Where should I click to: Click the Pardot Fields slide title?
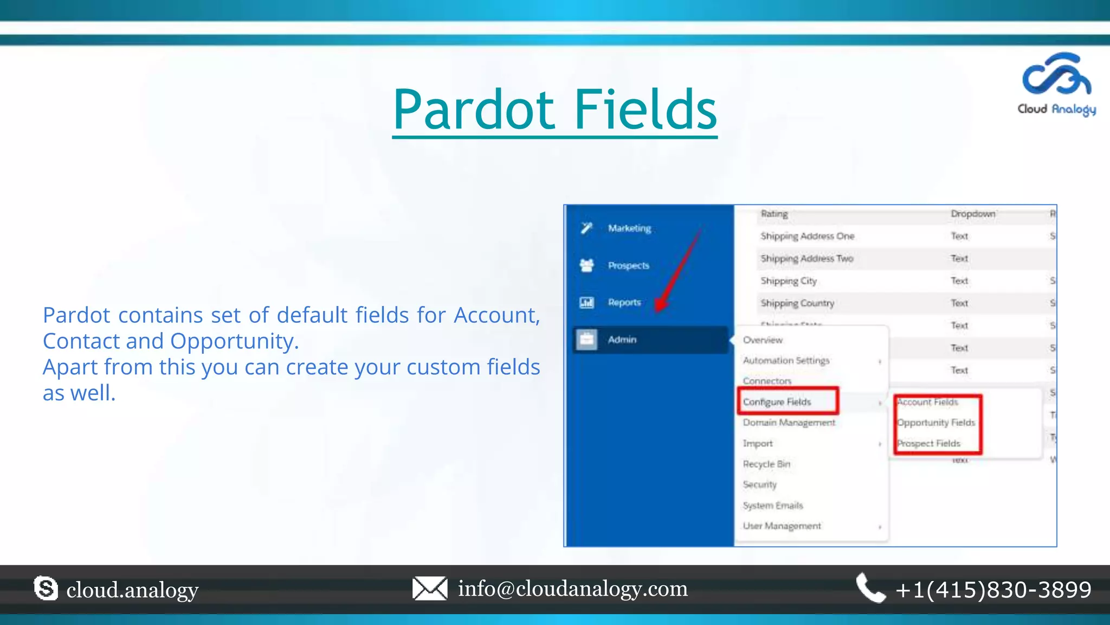[x=554, y=110]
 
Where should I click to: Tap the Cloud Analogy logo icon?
[x=1056, y=74]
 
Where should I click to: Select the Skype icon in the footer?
[x=46, y=589]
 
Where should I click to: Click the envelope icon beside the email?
[x=429, y=589]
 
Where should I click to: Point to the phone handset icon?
[x=870, y=588]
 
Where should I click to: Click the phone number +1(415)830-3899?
[x=993, y=590]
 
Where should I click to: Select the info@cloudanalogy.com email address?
[x=572, y=589]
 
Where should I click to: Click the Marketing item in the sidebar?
[x=629, y=228]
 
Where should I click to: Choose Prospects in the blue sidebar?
[x=628, y=265]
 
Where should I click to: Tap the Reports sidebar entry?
[x=624, y=302]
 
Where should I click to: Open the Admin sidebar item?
[x=622, y=340]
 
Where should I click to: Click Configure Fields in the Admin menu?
[x=777, y=401]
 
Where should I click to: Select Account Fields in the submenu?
[x=928, y=402]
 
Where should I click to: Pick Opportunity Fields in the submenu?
[x=936, y=423]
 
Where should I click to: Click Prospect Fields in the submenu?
[x=929, y=443]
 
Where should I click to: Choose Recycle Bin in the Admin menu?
[x=766, y=464]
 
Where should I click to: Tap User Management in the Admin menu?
[x=782, y=526]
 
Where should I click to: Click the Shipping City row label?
[x=789, y=281]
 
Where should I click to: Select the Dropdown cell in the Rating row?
[x=973, y=214]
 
